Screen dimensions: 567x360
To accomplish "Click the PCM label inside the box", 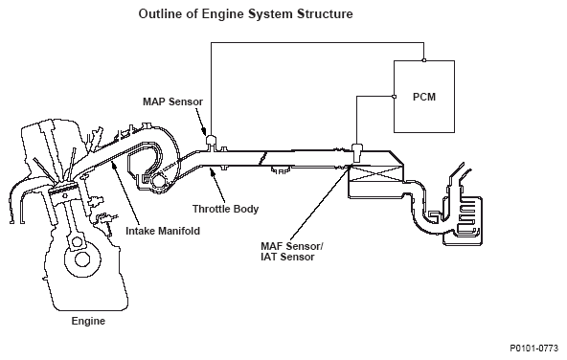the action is (x=424, y=97).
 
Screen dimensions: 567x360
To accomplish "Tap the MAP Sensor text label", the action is (x=172, y=101).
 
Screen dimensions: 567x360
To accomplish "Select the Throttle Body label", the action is (x=225, y=209).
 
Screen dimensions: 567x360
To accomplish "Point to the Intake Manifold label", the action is (x=163, y=231).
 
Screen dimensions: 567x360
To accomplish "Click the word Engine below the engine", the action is (x=88, y=321).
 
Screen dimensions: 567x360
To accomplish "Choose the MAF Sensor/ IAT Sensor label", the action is (x=292, y=252).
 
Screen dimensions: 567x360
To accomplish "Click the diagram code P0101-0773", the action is (x=534, y=349).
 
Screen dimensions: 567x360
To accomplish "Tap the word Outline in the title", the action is (x=161, y=14).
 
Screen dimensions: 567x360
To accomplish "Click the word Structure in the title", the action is (x=325, y=14).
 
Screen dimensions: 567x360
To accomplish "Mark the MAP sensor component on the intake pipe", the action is (x=211, y=142).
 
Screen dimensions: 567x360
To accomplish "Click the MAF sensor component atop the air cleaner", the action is (x=357, y=152).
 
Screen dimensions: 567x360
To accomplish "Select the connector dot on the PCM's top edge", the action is (x=424, y=60).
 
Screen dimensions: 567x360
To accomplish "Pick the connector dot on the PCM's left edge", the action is (x=395, y=97).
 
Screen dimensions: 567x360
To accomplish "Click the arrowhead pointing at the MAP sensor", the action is (x=204, y=131).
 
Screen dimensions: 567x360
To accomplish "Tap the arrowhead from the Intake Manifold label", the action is (x=114, y=165).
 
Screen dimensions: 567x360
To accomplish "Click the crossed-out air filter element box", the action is (x=375, y=174).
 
